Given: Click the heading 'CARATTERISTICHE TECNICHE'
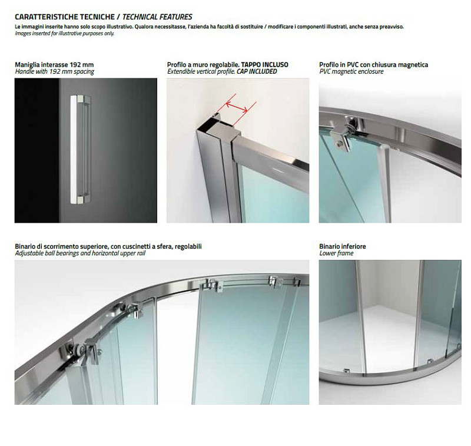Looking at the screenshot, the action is (x=65, y=17).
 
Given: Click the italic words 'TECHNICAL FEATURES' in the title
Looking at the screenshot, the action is (x=157, y=17).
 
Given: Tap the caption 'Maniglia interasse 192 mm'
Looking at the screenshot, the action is (x=54, y=65).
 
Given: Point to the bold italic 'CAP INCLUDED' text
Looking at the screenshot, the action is (x=257, y=71).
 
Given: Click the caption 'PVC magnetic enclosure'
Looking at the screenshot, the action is (x=351, y=71).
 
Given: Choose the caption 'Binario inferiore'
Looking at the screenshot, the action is (x=343, y=246).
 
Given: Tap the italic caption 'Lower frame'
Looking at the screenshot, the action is (x=336, y=253).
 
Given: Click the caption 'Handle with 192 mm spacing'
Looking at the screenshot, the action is (x=54, y=71).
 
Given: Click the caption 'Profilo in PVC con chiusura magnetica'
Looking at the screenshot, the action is (x=374, y=65).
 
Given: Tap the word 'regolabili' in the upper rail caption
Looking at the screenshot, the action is (x=188, y=246).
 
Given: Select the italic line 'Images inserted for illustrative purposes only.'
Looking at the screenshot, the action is (x=65, y=34).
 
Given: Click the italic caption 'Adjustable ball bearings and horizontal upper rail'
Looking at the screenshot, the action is (x=80, y=253).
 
